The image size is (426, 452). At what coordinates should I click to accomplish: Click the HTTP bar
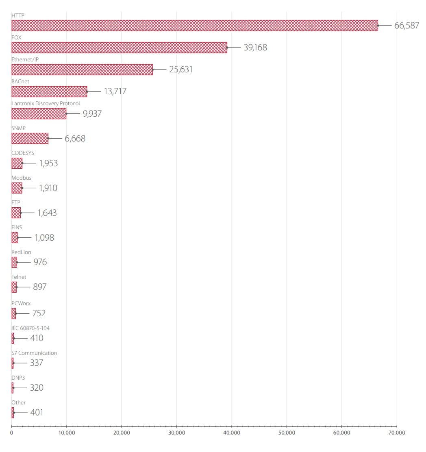coord(194,26)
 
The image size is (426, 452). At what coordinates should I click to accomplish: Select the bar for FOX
coord(119,48)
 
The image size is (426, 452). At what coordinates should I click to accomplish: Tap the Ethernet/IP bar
coord(82,70)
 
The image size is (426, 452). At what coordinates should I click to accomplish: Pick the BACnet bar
coord(49,91)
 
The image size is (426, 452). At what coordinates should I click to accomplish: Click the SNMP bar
coord(30,139)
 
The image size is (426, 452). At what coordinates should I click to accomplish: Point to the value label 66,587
coord(406,26)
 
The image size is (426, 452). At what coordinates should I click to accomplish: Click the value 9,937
coord(92,113)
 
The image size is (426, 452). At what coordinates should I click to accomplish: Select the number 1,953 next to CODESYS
coord(48,163)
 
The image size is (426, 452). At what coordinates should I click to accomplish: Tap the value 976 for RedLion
coord(40,262)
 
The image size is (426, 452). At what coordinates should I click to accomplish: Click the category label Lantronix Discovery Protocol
coord(46,103)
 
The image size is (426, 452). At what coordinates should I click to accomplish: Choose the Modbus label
coord(21,178)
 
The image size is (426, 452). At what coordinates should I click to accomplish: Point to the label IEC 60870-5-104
coord(30,328)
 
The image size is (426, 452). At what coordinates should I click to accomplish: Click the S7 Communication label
coord(34,353)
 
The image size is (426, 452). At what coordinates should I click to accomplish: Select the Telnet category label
coord(19,277)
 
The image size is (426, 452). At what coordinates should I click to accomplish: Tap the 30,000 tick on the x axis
coord(176,432)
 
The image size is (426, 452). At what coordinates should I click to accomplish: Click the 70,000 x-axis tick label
coord(396,432)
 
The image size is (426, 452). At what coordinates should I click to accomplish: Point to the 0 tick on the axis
coord(12,432)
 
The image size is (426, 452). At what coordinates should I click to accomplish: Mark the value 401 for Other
coord(37,413)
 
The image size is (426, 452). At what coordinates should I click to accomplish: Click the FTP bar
coord(16,213)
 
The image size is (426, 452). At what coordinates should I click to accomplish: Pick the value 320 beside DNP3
coord(37,388)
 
